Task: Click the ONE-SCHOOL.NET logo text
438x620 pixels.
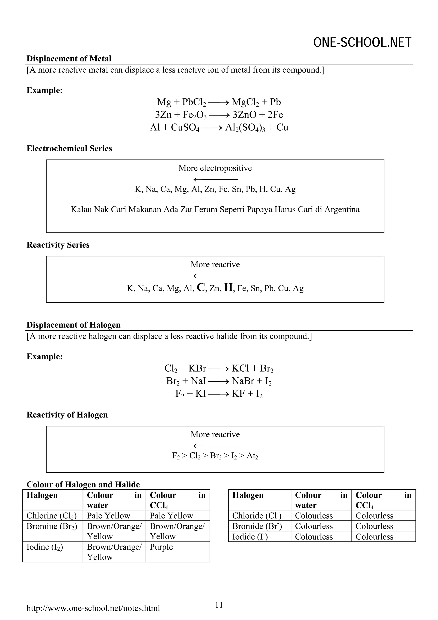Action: pyautogui.click(x=362, y=43)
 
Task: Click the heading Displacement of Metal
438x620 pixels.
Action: pyautogui.click(x=69, y=59)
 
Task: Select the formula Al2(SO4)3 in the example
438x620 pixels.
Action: pyautogui.click(x=245, y=128)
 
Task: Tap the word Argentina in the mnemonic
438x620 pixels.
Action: pyautogui.click(x=342, y=209)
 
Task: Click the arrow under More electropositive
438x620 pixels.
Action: pyautogui.click(x=215, y=179)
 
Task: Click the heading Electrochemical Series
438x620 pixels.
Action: pyautogui.click(x=69, y=149)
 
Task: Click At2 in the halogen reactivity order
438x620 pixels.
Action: pyautogui.click(x=252, y=456)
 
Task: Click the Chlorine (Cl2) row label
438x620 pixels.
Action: pyautogui.click(x=52, y=516)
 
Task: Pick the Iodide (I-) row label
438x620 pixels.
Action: pyautogui.click(x=250, y=537)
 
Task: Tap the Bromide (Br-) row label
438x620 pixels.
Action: pyautogui.click(x=257, y=526)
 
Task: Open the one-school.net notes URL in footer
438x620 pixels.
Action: pyautogui.click(x=93, y=608)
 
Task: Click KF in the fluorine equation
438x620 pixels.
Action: pyautogui.click(x=238, y=394)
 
